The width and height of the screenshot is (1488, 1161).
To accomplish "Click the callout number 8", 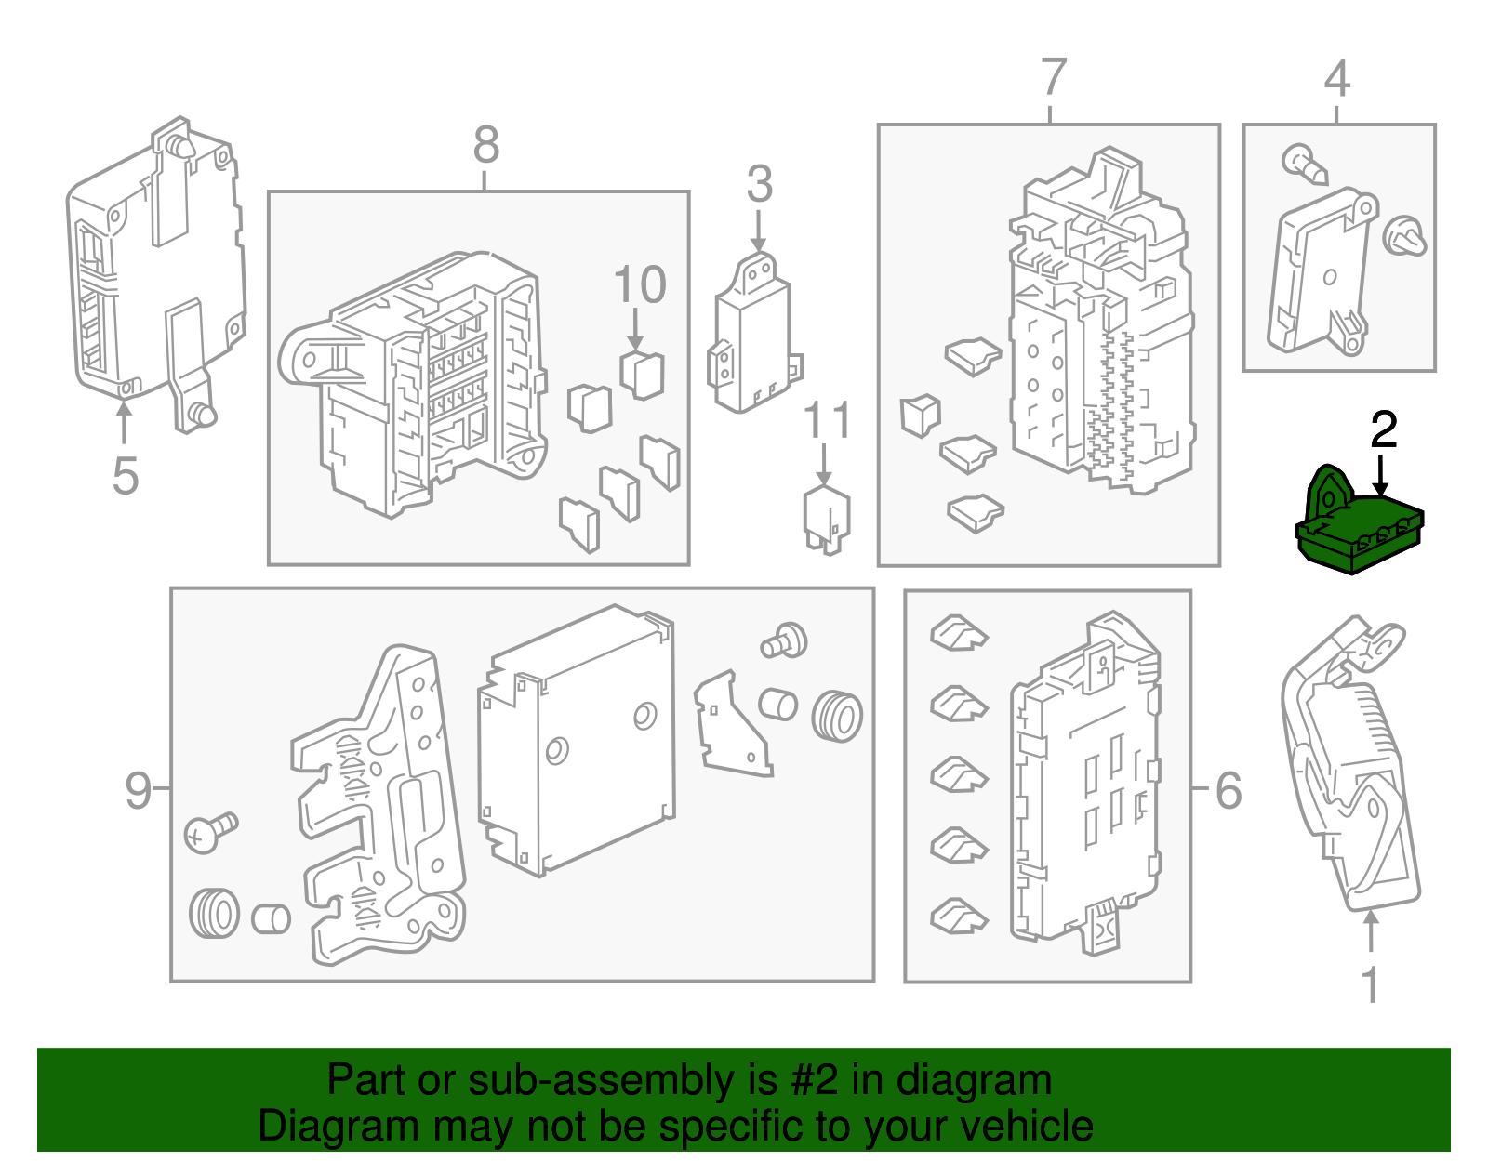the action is (486, 145).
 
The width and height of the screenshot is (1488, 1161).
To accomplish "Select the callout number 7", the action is (1054, 76).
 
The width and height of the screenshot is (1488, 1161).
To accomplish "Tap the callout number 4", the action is (1336, 79).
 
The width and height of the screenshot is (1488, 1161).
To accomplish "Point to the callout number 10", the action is (640, 284).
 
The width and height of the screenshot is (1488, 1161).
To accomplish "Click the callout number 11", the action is (827, 419).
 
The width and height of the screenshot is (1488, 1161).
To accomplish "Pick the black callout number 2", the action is (1383, 429).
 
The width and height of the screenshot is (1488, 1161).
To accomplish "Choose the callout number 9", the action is (138, 790).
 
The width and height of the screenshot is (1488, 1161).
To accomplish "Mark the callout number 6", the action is (1229, 790).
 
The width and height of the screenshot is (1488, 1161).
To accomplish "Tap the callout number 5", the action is (126, 476).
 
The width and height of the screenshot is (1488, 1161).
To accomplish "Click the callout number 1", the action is (1370, 986).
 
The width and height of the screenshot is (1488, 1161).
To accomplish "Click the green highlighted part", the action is (1359, 523).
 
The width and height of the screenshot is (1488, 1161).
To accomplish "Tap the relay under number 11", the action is (827, 520).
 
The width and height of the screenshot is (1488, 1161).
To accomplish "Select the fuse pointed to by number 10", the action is (642, 376).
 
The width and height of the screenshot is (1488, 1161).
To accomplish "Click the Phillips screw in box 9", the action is (210, 832).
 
